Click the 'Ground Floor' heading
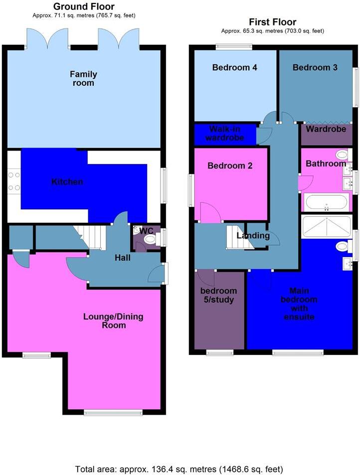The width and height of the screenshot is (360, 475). (x=83, y=6)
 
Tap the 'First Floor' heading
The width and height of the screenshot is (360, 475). (x=273, y=22)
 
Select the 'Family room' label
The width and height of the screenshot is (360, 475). (x=83, y=78)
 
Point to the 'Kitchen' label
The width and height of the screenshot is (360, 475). (x=67, y=181)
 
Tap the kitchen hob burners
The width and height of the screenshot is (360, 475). (x=14, y=181)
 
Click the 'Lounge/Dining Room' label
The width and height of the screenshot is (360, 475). (x=104, y=320)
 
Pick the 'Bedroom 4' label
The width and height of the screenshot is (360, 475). (x=234, y=67)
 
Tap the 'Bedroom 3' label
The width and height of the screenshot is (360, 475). (x=315, y=67)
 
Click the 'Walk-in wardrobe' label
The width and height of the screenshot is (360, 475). (x=226, y=133)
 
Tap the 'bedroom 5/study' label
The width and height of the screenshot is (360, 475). (x=218, y=295)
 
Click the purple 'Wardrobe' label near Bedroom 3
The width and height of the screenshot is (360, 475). (x=326, y=129)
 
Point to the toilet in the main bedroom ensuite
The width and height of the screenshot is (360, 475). (x=343, y=246)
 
